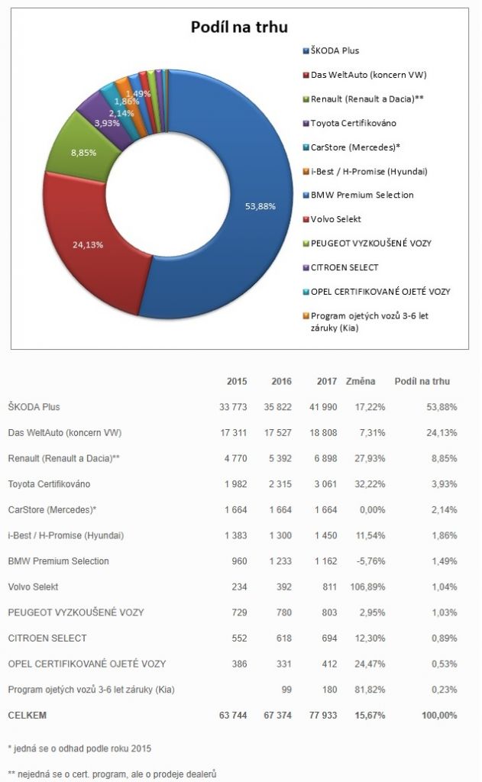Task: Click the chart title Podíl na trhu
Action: click(x=238, y=27)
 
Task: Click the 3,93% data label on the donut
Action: click(x=106, y=122)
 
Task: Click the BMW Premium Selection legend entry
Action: click(x=362, y=195)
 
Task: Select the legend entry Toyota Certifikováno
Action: click(x=353, y=123)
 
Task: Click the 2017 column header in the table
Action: click(x=326, y=381)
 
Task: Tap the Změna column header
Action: click(x=360, y=381)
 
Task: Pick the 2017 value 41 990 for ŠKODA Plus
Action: click(x=324, y=407)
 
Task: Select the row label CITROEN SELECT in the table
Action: click(x=47, y=638)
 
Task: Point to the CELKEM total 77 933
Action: click(x=323, y=715)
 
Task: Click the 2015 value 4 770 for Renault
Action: click(x=235, y=458)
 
